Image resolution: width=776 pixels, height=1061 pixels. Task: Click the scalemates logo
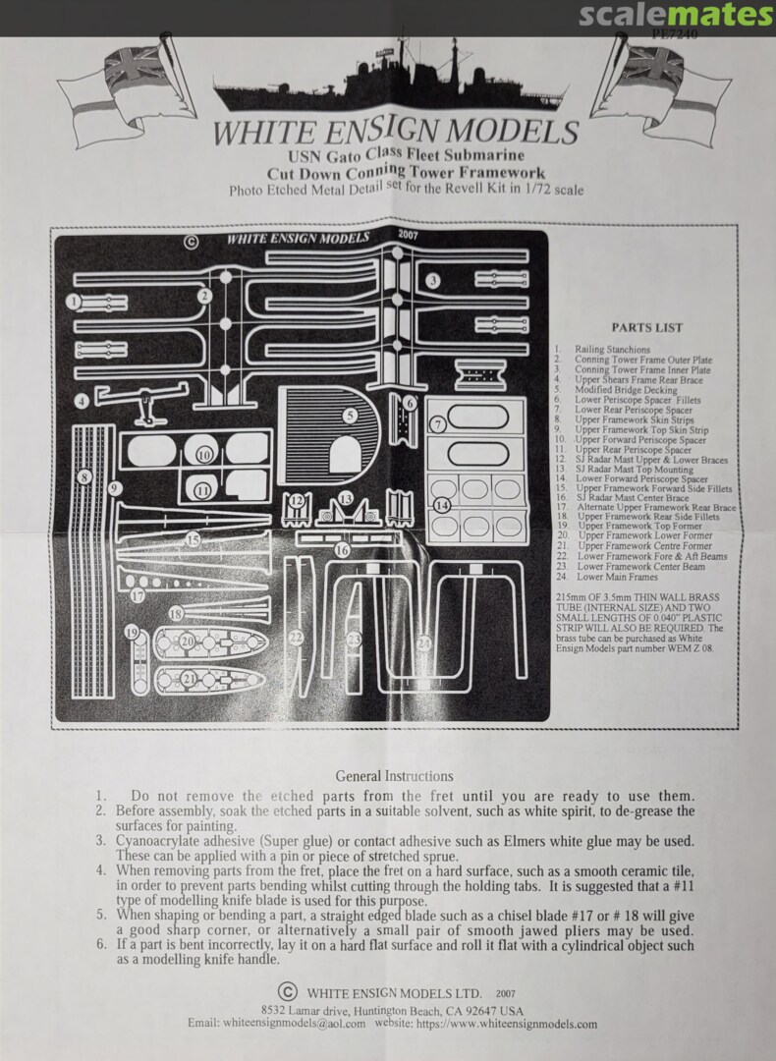point(676,16)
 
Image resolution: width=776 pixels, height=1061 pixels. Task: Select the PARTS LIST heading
point(646,327)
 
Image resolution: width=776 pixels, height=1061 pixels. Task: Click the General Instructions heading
point(394,776)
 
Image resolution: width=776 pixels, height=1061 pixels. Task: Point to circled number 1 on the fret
point(74,302)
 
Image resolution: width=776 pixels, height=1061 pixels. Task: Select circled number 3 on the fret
point(432,281)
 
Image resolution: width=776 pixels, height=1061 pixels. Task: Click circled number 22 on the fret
point(296,638)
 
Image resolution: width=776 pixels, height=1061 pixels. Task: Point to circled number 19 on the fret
point(132,634)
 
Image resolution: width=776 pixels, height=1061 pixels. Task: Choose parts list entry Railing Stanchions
point(612,349)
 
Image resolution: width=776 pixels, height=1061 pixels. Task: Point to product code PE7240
point(675,35)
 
